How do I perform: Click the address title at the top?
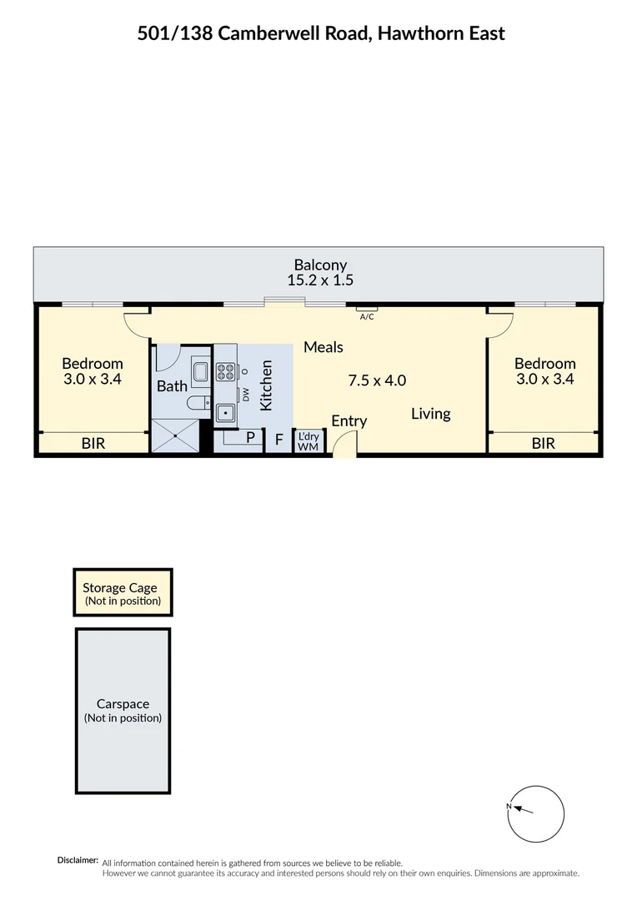321,33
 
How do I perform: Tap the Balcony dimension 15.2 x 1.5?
317,281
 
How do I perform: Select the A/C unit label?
366,317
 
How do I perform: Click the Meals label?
324,347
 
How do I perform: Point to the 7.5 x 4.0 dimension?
377,380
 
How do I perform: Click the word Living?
430,413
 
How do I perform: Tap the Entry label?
349,420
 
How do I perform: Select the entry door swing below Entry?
344,446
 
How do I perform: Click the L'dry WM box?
308,440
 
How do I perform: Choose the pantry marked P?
249,437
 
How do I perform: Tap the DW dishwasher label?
246,395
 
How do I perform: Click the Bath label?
172,386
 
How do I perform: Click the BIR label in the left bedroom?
93,444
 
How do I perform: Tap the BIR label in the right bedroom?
543,444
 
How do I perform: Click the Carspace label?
123,704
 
